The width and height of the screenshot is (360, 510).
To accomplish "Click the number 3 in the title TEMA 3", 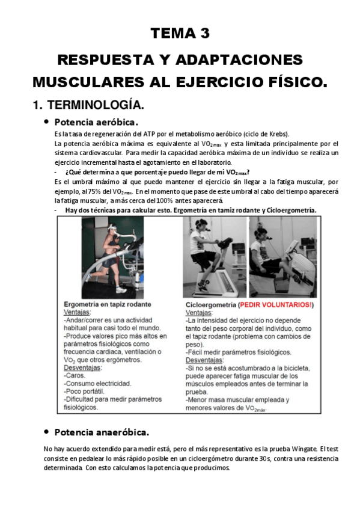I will pos(205,34).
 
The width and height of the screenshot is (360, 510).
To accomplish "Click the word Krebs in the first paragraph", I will pos(277,134).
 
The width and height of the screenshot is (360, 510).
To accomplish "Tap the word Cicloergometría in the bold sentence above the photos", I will pos(293,210).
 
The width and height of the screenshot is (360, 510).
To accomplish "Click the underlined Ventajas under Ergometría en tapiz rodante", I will pos(77,313).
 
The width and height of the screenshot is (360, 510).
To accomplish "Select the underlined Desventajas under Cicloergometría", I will pos(204,360).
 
